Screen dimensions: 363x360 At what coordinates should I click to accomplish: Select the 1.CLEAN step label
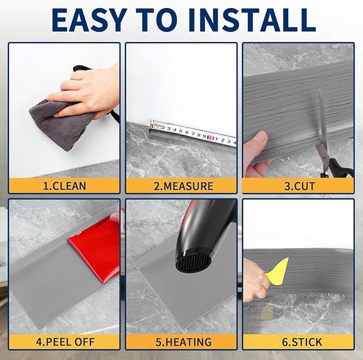(x=65, y=186)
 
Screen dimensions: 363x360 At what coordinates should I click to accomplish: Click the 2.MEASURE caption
(x=183, y=186)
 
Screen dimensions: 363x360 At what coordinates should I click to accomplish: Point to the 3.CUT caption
(x=299, y=186)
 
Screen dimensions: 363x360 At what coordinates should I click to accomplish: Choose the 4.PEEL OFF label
(x=65, y=342)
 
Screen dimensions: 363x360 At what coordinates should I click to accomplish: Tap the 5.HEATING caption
(x=183, y=342)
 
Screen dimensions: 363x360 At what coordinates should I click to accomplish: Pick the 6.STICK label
(x=302, y=342)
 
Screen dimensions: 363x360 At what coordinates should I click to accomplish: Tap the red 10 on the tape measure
(x=211, y=137)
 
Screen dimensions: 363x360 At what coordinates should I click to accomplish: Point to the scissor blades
(x=323, y=118)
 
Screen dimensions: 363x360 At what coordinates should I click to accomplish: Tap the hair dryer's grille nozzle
(x=194, y=261)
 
